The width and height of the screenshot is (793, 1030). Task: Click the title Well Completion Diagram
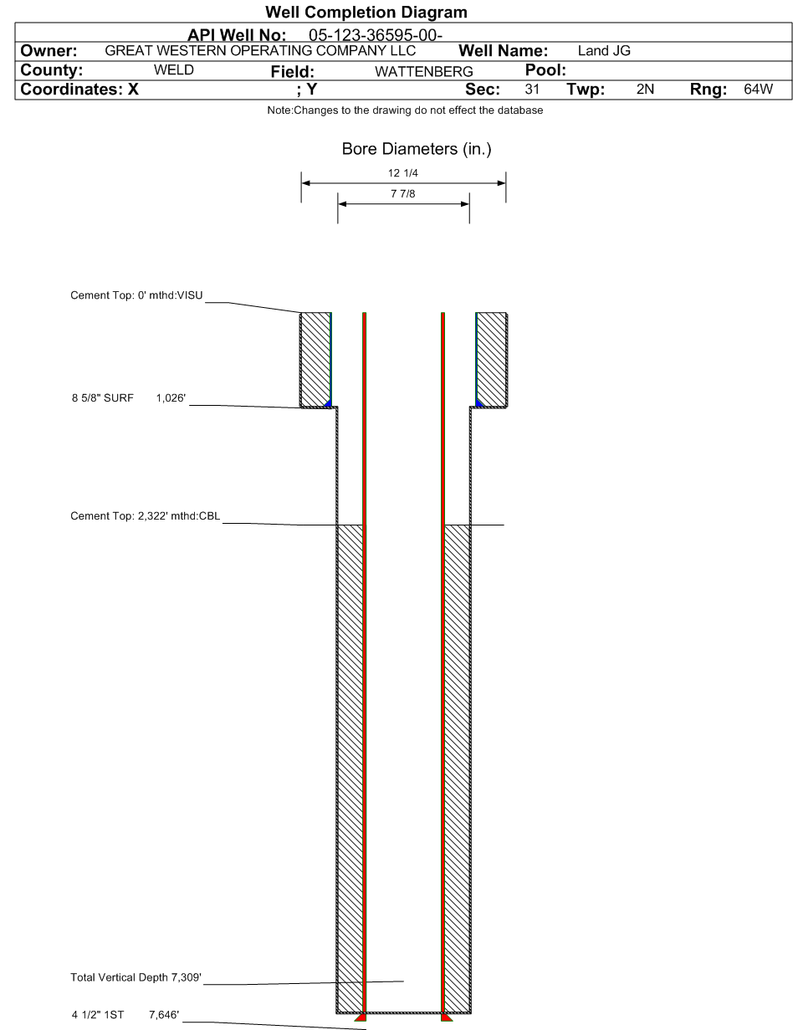[366, 12]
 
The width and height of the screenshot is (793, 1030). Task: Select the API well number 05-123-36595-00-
[376, 35]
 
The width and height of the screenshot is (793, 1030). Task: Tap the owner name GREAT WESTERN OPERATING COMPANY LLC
[260, 51]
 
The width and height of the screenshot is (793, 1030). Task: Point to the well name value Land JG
[604, 51]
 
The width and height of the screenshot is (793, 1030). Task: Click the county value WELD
[174, 70]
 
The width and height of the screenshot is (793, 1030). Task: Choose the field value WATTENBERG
[424, 72]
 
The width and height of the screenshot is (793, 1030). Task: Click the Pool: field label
[545, 70]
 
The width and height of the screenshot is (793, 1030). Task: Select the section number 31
[532, 90]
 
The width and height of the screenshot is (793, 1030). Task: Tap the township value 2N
[645, 90]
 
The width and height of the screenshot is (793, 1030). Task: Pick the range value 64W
[758, 90]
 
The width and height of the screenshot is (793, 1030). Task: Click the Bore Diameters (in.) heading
[417, 149]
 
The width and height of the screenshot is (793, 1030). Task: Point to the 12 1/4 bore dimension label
[403, 173]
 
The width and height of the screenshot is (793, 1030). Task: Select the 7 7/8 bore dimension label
[403, 194]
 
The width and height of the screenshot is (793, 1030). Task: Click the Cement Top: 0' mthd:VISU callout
[136, 295]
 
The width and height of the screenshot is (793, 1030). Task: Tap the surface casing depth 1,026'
[171, 398]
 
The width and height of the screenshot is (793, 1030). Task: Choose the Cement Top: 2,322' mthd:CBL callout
[146, 515]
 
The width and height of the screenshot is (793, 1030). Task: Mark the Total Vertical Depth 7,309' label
[136, 977]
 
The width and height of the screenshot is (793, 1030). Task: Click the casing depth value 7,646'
[164, 1015]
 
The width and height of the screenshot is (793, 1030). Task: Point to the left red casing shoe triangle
[361, 1017]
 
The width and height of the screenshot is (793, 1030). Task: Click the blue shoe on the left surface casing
[328, 403]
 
